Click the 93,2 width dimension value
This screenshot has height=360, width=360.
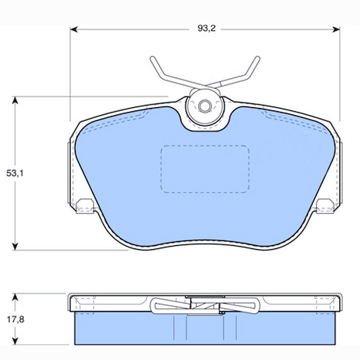pyautogui.click(x=207, y=28)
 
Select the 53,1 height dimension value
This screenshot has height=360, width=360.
pyautogui.click(x=15, y=173)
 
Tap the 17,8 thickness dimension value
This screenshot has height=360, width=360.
pyautogui.click(x=15, y=319)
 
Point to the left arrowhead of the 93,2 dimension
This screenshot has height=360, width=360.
pyautogui.click(x=74, y=29)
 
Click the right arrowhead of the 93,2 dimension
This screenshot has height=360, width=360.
pyautogui.click(x=336, y=29)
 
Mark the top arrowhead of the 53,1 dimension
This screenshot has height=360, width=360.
pyautogui.click(x=15, y=100)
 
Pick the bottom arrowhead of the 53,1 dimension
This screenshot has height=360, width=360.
pyautogui.click(x=15, y=246)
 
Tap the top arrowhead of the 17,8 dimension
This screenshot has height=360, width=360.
pyautogui.click(x=15, y=297)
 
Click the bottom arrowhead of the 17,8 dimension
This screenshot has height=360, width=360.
pyautogui.click(x=15, y=341)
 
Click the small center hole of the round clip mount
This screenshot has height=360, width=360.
pyautogui.click(x=204, y=106)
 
